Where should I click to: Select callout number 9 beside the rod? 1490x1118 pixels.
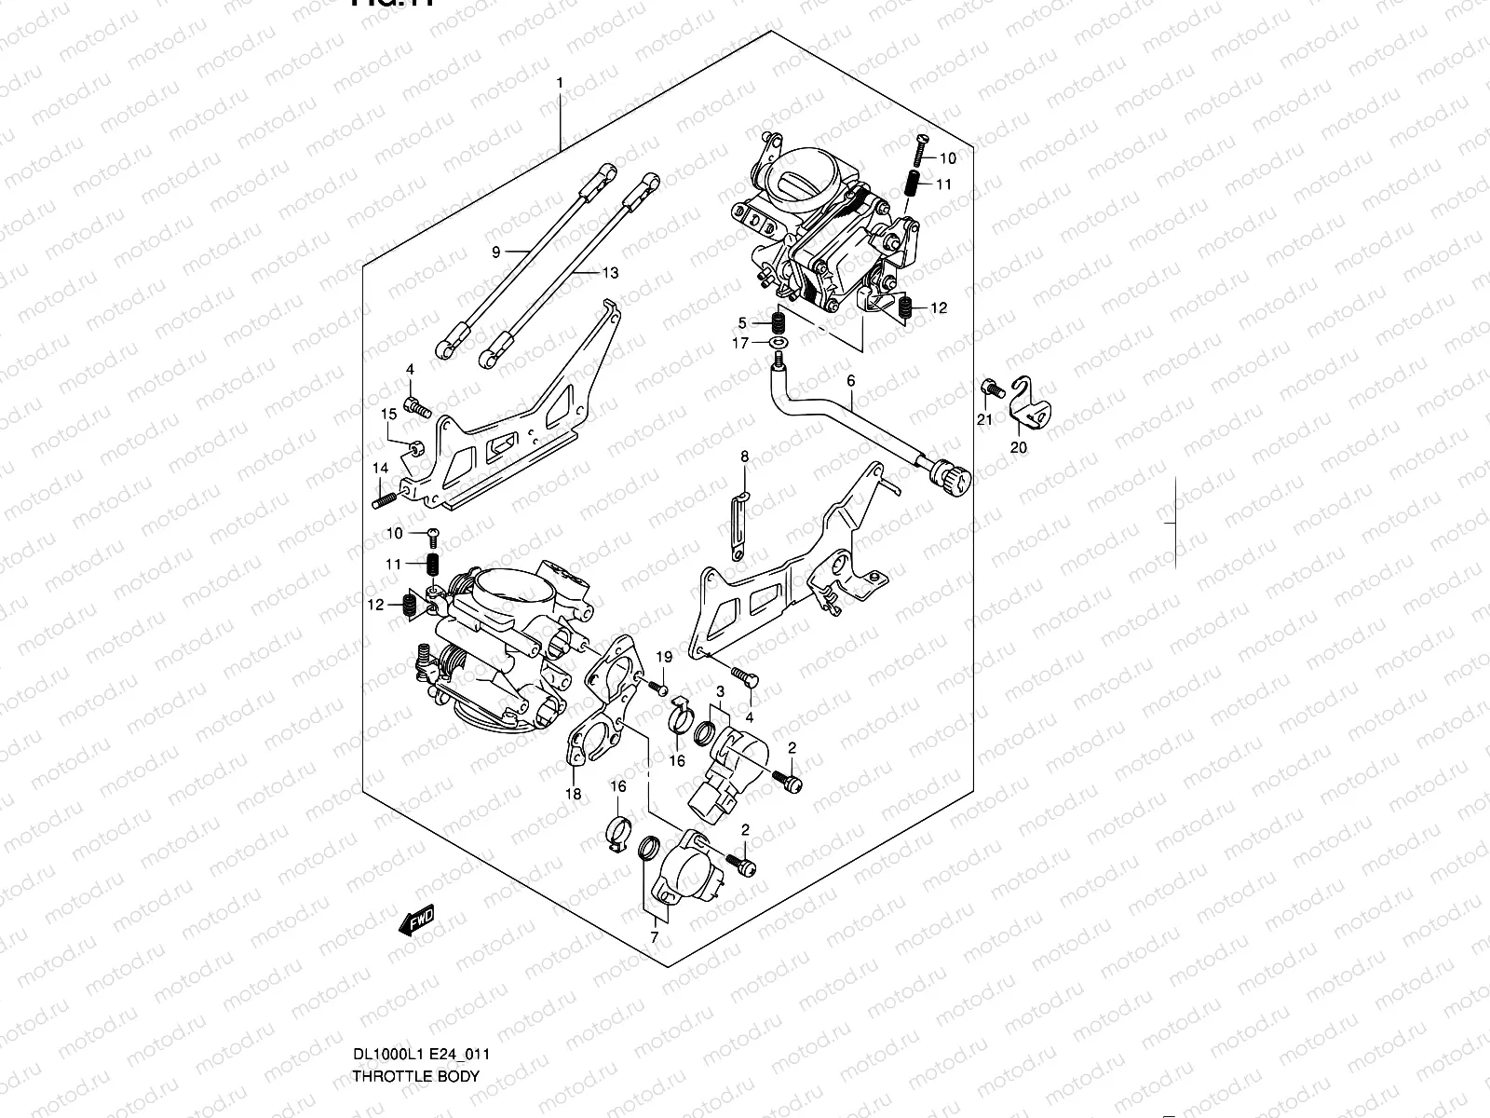(496, 252)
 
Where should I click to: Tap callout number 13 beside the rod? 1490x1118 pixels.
(610, 273)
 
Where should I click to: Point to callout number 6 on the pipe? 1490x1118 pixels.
(850, 380)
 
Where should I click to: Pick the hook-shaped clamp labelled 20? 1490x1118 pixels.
(1028, 402)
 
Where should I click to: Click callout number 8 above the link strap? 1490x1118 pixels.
(744, 457)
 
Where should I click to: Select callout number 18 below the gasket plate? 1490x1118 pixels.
(573, 794)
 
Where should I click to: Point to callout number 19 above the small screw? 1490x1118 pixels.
(663, 658)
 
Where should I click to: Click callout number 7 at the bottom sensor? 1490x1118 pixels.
(654, 937)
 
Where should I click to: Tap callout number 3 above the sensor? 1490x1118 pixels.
(721, 691)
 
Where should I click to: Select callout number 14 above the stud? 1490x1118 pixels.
(380, 468)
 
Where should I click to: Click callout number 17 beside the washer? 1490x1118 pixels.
(740, 344)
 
